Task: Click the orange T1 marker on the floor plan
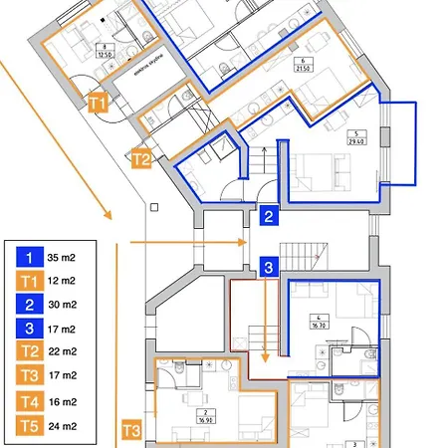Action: pos(97,102)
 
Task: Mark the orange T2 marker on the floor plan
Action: pos(141,157)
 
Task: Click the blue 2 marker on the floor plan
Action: pos(269,215)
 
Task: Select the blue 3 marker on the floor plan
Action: pos(269,266)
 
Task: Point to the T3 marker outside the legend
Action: pos(130,431)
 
